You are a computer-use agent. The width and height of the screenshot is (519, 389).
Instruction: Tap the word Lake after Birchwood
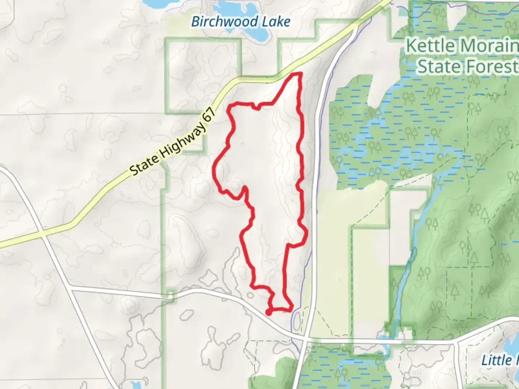point(276,22)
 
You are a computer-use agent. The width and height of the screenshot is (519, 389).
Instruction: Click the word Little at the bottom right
point(497,360)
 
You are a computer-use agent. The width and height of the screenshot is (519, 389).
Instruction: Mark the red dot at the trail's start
point(269,312)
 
